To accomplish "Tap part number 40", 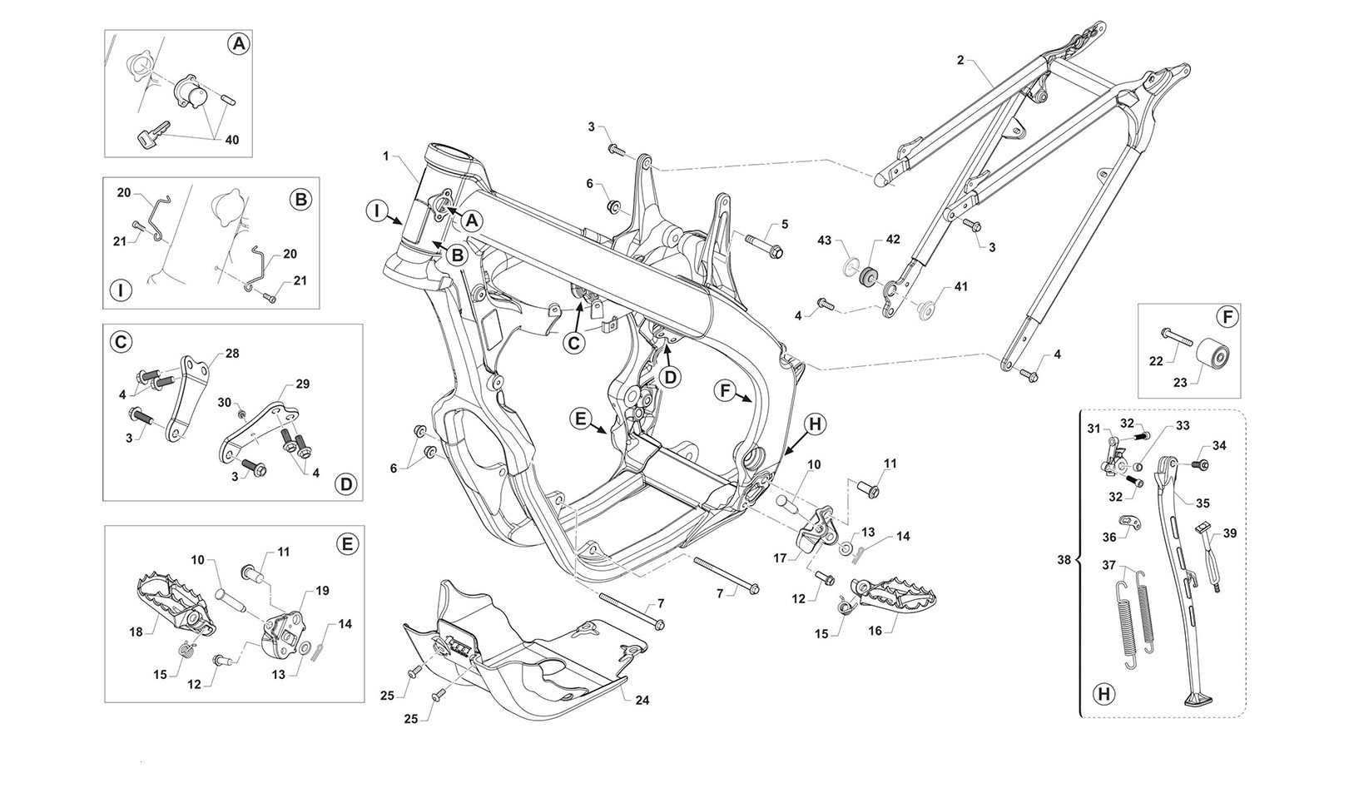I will pyautogui.click(x=231, y=140).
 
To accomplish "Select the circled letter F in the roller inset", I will pyautogui.click(x=1225, y=317).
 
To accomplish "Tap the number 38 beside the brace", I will pyautogui.click(x=1064, y=560).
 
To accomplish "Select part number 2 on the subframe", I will pyautogui.click(x=960, y=60).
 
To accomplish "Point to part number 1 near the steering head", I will pyautogui.click(x=386, y=156).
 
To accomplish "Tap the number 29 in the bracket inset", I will pyautogui.click(x=302, y=384).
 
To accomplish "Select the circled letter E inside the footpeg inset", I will pyautogui.click(x=347, y=544).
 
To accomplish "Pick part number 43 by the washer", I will pyautogui.click(x=824, y=240).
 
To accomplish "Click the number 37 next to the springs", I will pyautogui.click(x=1108, y=566).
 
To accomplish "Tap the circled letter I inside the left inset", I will pyautogui.click(x=122, y=290).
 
